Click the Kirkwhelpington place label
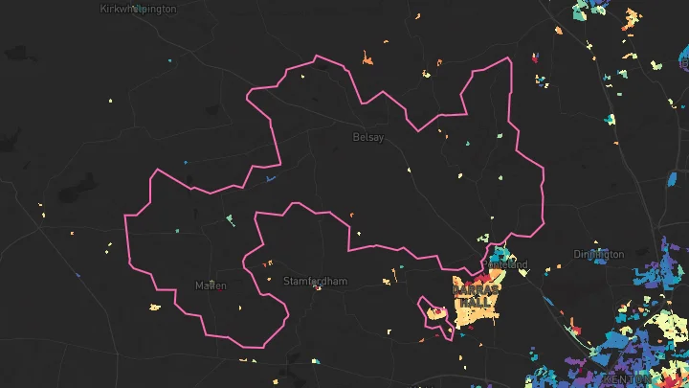pyautogui.click(x=138, y=9)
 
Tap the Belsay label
pyautogui.click(x=368, y=138)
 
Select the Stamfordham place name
pyautogui.click(x=315, y=281)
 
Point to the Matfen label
pyautogui.click(x=211, y=285)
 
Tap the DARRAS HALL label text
pyautogui.click(x=475, y=295)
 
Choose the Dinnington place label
pyautogui.click(x=598, y=254)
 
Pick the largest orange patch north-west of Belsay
pyautogui.click(x=367, y=60)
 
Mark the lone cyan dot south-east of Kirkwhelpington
pyautogui.click(x=169, y=63)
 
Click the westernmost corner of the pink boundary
pyautogui.click(x=125, y=216)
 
